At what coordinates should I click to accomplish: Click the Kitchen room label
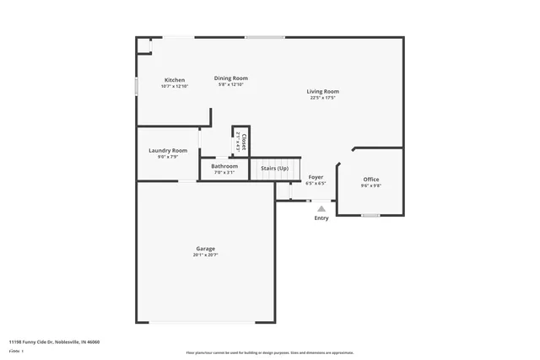click(175, 80)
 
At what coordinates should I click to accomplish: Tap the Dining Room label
click(230, 78)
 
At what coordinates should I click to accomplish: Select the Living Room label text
click(322, 91)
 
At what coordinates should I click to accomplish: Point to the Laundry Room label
click(167, 150)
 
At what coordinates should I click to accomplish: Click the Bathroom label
click(224, 166)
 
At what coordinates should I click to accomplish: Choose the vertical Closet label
click(244, 141)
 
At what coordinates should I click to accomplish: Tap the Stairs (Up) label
click(274, 169)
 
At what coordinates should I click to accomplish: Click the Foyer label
click(316, 177)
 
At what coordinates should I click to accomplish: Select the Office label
click(370, 180)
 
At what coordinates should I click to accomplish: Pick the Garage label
click(205, 249)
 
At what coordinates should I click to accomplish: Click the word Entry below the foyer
click(321, 218)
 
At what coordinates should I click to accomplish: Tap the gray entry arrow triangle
click(321, 208)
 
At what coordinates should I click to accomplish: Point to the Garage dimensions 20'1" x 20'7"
click(205, 255)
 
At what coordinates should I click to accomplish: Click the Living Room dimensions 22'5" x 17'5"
click(322, 98)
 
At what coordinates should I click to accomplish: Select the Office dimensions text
click(370, 185)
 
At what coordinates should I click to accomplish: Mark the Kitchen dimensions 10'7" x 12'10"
click(175, 86)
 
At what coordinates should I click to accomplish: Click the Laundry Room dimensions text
click(167, 157)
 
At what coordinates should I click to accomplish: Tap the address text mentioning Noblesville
click(54, 342)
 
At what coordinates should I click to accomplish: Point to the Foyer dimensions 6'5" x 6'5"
click(316, 183)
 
